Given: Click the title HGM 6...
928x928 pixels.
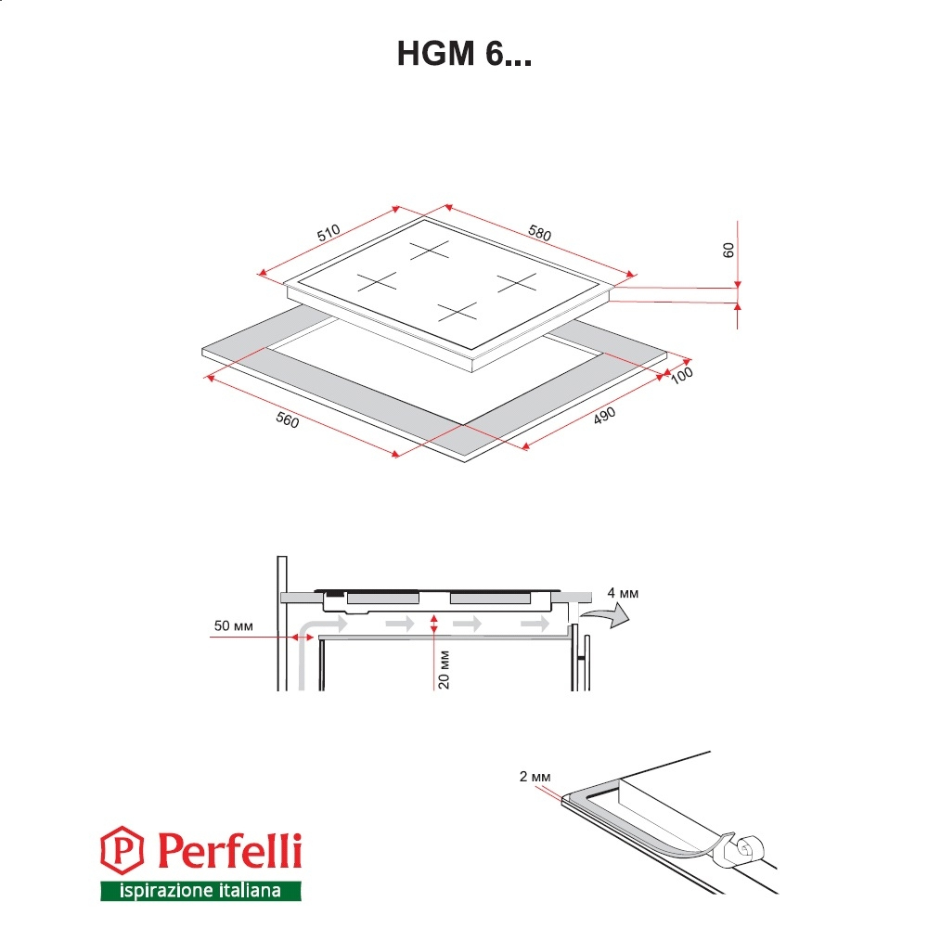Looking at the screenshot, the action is [x=464, y=53].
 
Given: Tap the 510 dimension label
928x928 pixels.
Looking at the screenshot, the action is [x=329, y=233].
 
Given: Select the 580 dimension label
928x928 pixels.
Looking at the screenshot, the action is [x=540, y=233].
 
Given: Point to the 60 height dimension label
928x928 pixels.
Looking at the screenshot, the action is [x=728, y=251].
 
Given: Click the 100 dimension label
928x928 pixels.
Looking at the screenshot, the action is [x=681, y=375].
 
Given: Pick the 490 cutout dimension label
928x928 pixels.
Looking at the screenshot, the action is [x=604, y=416].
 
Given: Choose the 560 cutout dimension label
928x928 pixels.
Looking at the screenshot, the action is [x=288, y=419].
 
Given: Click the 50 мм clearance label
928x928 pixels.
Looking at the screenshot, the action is [x=233, y=625].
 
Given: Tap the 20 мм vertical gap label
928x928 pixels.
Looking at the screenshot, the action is [x=444, y=670].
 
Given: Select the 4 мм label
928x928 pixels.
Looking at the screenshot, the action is [x=623, y=593].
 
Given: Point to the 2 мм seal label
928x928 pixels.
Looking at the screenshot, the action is [x=535, y=777].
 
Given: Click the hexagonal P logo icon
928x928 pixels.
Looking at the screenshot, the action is [x=122, y=850].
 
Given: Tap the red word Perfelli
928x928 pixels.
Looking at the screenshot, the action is [x=229, y=850].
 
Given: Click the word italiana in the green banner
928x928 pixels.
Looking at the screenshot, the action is [x=250, y=890].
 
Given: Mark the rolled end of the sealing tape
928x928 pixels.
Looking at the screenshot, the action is [x=747, y=849].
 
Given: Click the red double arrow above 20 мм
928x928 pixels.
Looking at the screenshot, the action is [x=433, y=624].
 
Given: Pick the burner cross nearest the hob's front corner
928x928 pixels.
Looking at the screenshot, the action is [x=457, y=311].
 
